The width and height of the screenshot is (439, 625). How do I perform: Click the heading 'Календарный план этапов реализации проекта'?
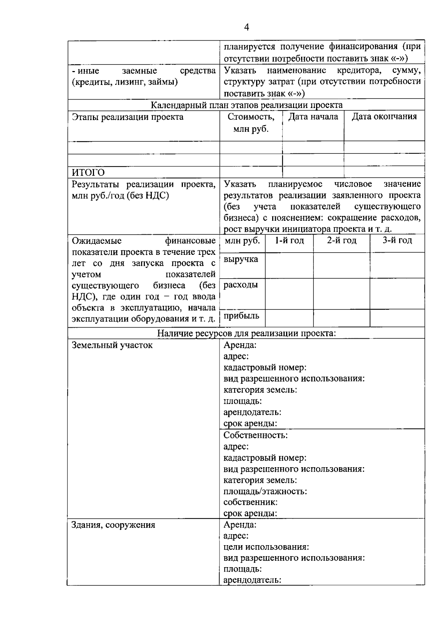[247, 105]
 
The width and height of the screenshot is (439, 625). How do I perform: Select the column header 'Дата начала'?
[313, 117]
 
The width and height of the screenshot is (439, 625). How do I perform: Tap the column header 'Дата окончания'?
[384, 117]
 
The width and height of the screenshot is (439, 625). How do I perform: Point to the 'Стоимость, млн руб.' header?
[251, 123]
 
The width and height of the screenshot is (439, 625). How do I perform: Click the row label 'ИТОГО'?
[88, 172]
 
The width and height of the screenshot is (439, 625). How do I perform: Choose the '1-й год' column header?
[289, 241]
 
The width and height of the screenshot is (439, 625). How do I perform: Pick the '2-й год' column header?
[342, 241]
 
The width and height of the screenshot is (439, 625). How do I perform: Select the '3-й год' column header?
[397, 241]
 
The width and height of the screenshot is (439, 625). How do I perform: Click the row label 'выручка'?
[241, 259]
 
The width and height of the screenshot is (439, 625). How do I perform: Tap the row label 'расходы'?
[241, 285]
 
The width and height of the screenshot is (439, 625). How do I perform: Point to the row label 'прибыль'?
[241, 316]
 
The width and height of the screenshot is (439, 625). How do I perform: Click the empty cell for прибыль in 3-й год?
[397, 318]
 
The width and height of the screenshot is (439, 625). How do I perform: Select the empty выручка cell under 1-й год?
[289, 265]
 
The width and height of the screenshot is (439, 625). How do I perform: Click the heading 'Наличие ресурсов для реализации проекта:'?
[247, 333]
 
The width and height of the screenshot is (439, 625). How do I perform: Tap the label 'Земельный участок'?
[112, 345]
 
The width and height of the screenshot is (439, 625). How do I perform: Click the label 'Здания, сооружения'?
[113, 525]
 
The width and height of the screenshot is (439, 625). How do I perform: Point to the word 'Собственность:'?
[255, 435]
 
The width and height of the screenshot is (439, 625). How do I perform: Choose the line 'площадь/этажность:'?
[265, 491]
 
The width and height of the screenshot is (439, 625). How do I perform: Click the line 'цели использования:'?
[266, 547]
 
